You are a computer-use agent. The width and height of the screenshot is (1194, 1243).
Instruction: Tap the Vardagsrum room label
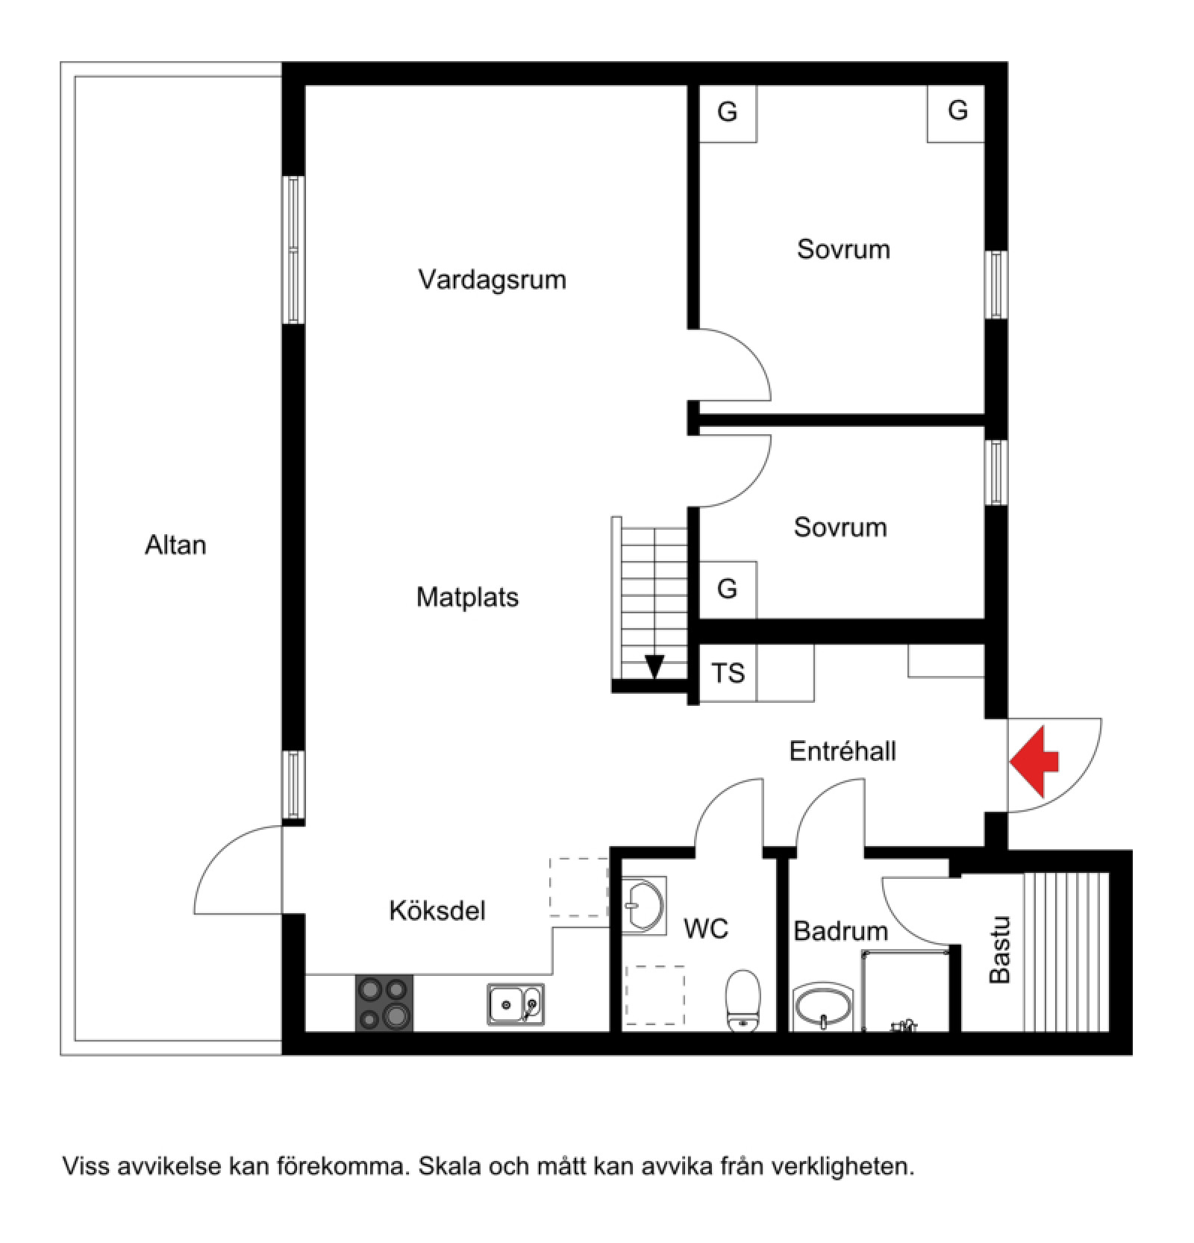[492, 280]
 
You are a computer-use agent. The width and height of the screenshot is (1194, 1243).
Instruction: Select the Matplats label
[467, 597]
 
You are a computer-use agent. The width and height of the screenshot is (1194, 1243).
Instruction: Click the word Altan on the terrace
[175, 545]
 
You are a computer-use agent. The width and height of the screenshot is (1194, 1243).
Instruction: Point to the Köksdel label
[437, 910]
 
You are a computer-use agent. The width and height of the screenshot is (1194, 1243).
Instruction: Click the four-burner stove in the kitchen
[384, 1002]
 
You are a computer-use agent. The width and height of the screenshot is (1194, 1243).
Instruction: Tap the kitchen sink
[515, 1004]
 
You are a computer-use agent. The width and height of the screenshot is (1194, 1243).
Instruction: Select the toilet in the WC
[743, 1001]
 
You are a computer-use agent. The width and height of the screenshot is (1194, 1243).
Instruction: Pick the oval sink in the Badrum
[822, 1007]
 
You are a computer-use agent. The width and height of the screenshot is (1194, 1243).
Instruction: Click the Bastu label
[998, 950]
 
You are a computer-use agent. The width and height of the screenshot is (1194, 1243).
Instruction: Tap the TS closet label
[728, 673]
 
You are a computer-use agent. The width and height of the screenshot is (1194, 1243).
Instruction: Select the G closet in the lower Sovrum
[727, 589]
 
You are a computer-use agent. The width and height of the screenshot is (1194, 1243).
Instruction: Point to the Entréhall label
[843, 751]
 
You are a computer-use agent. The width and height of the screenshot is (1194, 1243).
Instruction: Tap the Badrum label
[840, 931]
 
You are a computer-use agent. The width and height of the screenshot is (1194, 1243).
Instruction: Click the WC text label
[706, 929]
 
